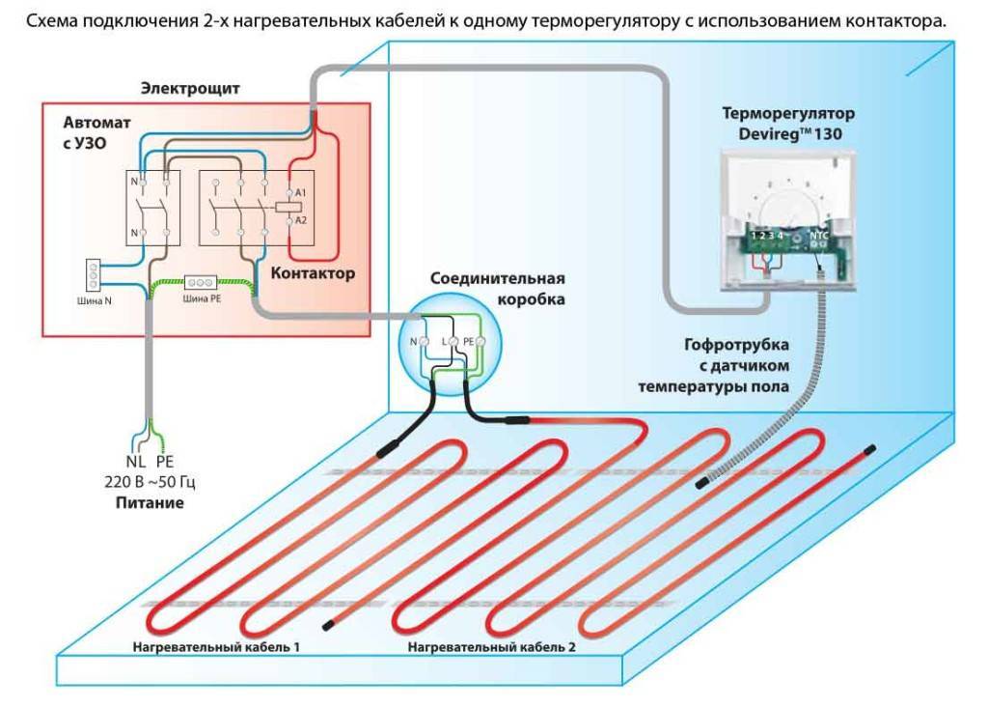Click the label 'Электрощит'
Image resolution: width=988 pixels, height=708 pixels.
click(190, 89)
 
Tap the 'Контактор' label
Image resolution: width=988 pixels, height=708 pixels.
click(313, 273)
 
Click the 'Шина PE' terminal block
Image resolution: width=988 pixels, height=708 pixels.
click(202, 283)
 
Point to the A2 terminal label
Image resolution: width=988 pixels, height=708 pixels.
click(300, 220)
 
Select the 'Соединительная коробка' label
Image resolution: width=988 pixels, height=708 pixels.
click(498, 289)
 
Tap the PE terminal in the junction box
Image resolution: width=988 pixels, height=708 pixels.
click(470, 342)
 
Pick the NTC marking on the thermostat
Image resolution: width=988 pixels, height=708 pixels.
click(819, 235)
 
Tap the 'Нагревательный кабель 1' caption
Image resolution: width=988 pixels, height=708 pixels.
click(216, 644)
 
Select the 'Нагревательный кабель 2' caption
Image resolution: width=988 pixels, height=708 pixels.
click(491, 644)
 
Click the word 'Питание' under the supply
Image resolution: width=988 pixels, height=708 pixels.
click(150, 503)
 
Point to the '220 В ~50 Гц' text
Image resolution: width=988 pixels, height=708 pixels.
click(150, 482)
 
